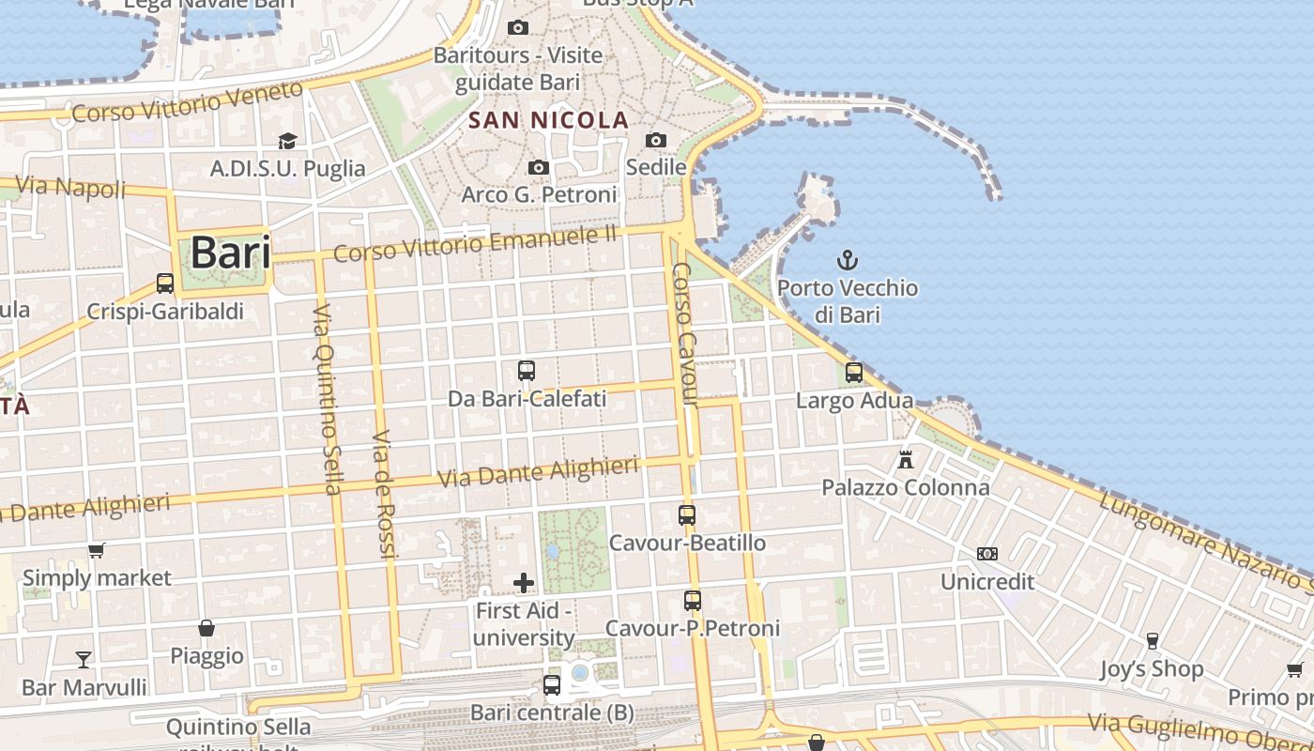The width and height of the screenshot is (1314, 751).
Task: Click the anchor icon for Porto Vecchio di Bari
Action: (848, 259)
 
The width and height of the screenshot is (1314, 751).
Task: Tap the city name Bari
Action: (230, 253)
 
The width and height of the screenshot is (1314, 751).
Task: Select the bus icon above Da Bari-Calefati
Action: (527, 371)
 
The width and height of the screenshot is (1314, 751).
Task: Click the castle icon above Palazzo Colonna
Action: (906, 460)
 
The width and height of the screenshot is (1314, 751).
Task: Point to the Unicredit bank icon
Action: (987, 554)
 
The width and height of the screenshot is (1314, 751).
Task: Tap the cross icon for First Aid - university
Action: (524, 583)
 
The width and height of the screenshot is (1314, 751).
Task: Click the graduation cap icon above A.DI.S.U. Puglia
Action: (287, 141)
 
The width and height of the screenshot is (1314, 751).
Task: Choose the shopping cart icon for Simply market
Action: (97, 550)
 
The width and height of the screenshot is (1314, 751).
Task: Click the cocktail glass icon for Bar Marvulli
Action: (84, 659)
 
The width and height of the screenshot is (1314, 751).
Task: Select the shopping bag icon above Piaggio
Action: (206, 627)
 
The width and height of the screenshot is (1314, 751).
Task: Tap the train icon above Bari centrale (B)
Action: (552, 685)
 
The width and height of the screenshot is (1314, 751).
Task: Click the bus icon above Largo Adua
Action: (854, 373)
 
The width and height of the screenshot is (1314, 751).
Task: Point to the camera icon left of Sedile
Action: (656, 140)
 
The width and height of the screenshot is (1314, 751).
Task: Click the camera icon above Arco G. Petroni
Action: (539, 167)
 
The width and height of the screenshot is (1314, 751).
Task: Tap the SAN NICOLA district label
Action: (549, 120)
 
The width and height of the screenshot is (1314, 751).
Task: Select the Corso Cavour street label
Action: (685, 335)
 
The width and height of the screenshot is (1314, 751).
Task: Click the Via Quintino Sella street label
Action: (326, 399)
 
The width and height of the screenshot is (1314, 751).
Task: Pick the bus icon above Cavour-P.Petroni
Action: (693, 601)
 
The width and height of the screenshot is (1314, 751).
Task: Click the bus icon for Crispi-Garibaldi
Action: (165, 284)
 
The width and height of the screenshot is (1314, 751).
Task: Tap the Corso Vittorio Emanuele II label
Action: (476, 244)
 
